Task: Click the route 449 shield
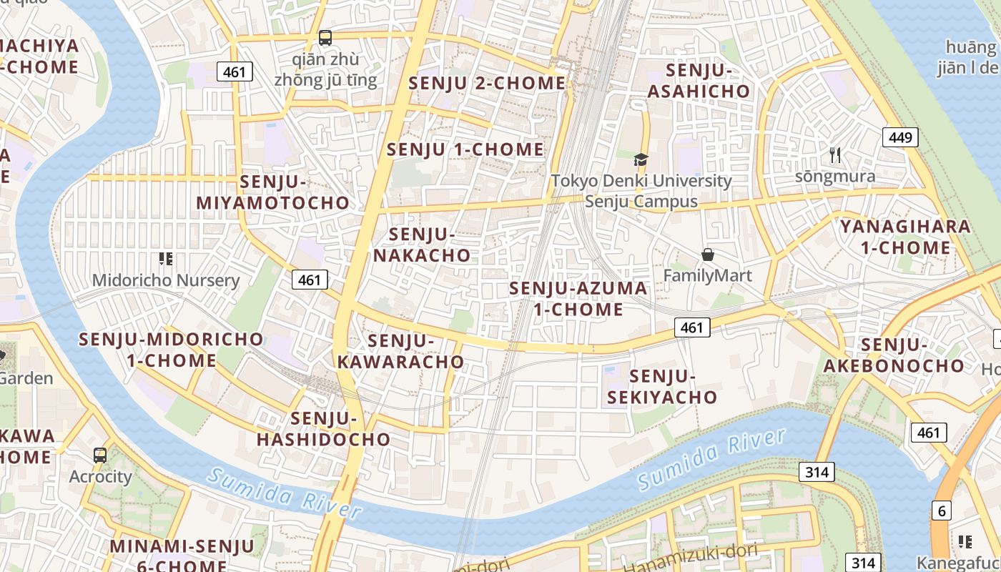pos(900,137)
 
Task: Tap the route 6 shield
pos(942,511)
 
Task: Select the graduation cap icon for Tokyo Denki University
pos(641,159)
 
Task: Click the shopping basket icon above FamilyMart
pos(708,255)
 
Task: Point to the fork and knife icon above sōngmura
pos(834,154)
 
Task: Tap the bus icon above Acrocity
pos(100,455)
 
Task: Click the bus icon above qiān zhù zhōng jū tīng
pos(325,37)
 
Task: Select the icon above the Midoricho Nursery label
pos(166,259)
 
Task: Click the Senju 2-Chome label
pos(487,83)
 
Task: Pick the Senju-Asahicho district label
pos(699,81)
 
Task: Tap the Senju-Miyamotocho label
pos(273,192)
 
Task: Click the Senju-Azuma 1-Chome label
pos(578,299)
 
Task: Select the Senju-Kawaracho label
pos(400,351)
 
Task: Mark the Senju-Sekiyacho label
pos(662,386)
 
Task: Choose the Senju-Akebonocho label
pos(894,355)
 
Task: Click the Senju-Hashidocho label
pos(324,428)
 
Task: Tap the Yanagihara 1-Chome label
pos(905,237)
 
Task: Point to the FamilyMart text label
pos(708,275)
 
